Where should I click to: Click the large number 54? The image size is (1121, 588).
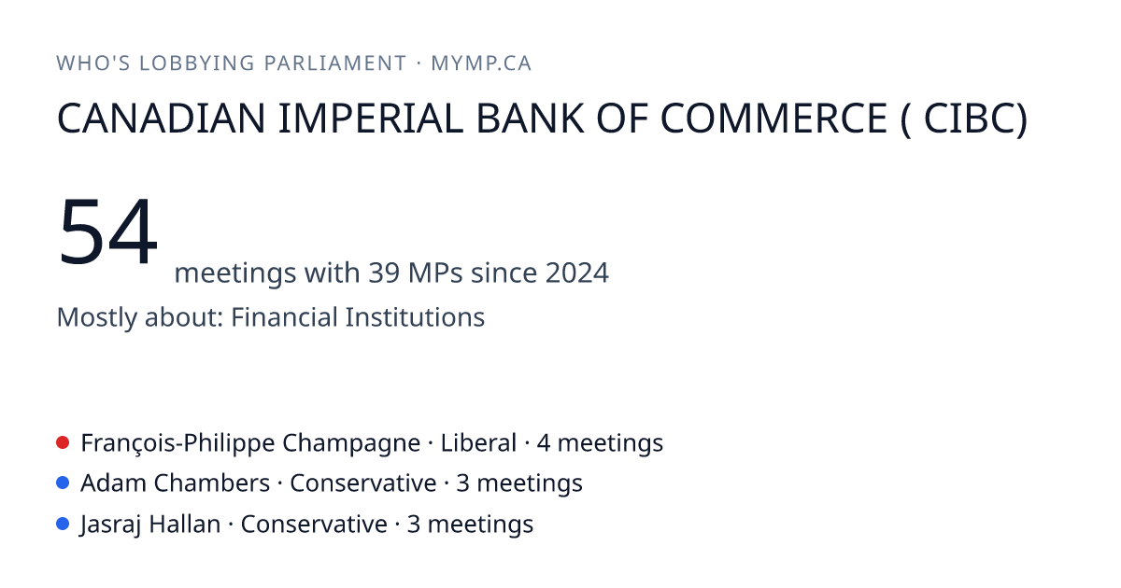108,231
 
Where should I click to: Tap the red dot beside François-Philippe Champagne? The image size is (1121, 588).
63,442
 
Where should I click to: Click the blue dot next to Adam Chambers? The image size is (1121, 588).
63,483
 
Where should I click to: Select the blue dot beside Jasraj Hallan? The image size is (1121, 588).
63,524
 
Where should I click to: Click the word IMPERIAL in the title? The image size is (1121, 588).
371,119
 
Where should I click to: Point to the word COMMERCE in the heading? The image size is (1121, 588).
773,119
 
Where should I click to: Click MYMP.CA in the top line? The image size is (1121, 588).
481,63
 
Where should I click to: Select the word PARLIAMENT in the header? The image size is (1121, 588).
335,63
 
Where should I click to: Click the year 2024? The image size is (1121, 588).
577,273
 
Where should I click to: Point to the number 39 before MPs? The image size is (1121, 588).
384,273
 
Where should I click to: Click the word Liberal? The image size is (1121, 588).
478,443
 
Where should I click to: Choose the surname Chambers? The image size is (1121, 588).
212,483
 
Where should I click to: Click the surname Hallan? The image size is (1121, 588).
185,524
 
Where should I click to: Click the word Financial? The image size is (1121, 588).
284,317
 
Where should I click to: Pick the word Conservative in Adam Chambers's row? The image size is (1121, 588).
363,483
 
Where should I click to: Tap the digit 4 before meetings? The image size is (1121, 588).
544,443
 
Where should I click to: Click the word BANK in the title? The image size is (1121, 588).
530,119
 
